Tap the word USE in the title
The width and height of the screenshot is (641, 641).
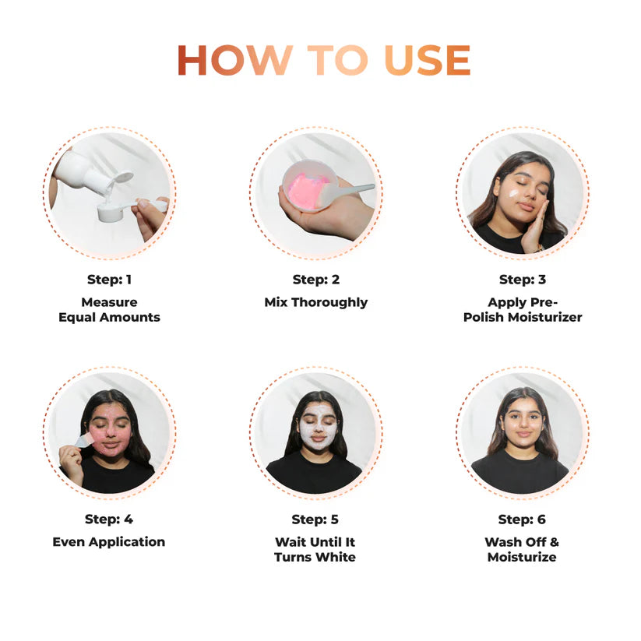(428, 61)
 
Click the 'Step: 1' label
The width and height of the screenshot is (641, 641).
(109, 280)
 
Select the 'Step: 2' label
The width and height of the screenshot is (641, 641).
(315, 280)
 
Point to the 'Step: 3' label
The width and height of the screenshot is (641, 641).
(522, 280)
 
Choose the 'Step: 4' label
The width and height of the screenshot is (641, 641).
(109, 519)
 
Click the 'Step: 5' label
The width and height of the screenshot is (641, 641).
(315, 519)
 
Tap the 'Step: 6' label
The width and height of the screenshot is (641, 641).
(522, 519)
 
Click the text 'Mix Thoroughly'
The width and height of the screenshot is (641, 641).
(315, 302)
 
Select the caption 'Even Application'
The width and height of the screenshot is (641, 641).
(109, 542)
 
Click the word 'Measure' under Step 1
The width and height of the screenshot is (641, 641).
(109, 302)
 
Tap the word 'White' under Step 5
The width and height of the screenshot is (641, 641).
(336, 558)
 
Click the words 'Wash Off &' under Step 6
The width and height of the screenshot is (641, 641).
(522, 542)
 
